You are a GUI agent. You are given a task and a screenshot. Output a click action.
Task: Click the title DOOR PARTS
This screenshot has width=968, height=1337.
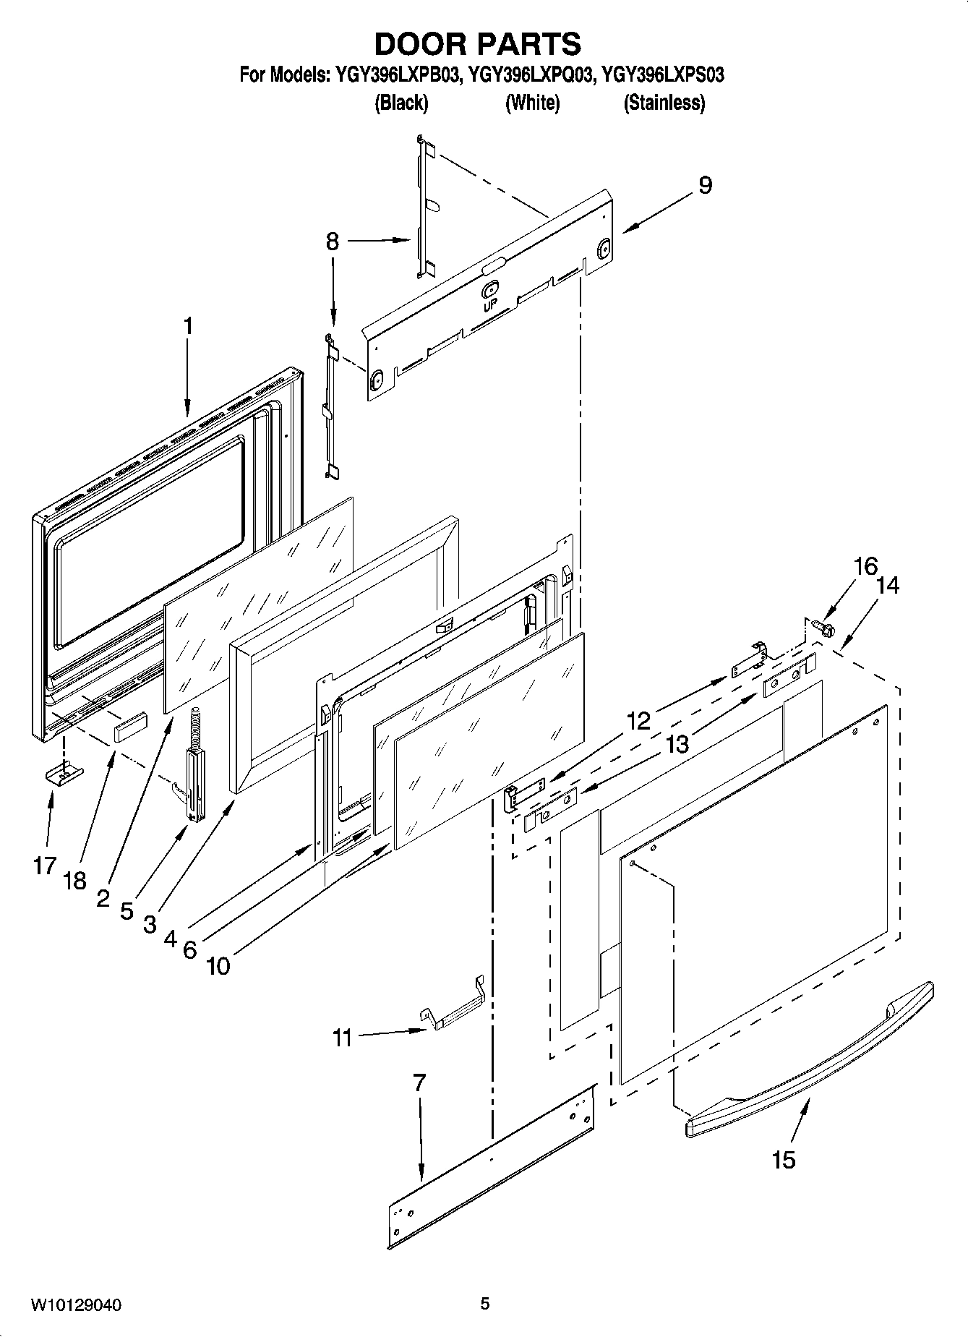pyautogui.click(x=477, y=44)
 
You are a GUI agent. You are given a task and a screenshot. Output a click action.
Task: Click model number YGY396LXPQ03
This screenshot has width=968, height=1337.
pyautogui.click(x=531, y=74)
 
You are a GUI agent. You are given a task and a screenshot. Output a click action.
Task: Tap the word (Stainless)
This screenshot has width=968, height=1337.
pyautogui.click(x=664, y=103)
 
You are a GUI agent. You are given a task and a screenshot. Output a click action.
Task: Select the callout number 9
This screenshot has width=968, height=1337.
pyautogui.click(x=705, y=185)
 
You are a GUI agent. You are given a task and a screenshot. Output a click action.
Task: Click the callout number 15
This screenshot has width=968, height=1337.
pyautogui.click(x=783, y=1159)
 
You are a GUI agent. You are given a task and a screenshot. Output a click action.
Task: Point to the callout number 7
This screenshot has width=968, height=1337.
pyautogui.click(x=419, y=1082)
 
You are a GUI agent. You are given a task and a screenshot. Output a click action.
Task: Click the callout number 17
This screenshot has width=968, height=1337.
pyautogui.click(x=45, y=865)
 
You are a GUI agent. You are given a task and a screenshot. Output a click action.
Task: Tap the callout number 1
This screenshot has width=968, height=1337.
pyautogui.click(x=188, y=326)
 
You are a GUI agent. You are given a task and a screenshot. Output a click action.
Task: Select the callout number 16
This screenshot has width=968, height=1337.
pyautogui.click(x=865, y=566)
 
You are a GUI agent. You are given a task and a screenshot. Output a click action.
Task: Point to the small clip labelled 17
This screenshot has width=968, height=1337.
pyautogui.click(x=64, y=774)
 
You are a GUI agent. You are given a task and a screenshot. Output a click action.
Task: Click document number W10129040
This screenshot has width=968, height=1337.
pyautogui.click(x=76, y=1305)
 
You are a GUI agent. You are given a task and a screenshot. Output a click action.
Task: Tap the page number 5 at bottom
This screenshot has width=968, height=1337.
pyautogui.click(x=484, y=1304)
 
